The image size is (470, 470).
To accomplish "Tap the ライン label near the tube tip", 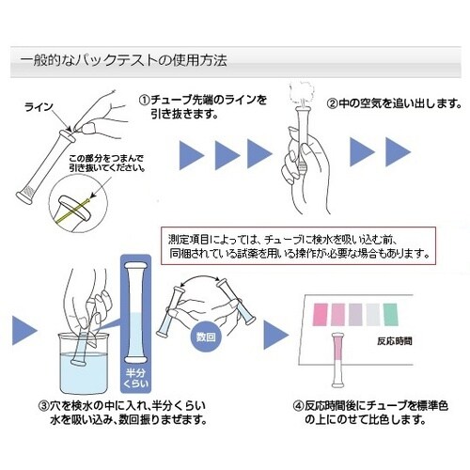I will pos(39,108).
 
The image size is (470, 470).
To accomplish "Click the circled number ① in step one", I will pos(144,99).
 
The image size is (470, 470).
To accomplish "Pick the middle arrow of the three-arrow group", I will pos(227,151).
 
